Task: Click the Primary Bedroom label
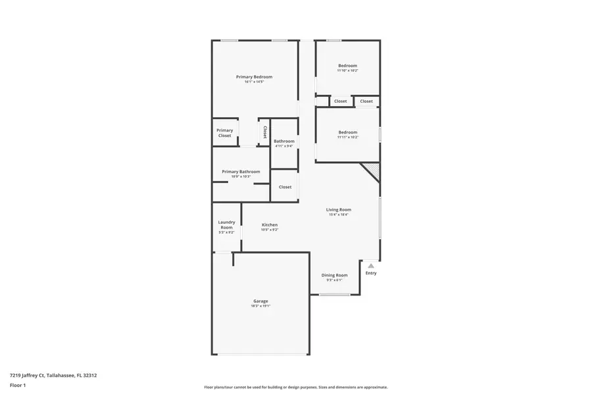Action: pos(254,77)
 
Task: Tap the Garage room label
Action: pos(260,301)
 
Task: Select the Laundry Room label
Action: pos(226,224)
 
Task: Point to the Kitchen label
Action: pos(270,224)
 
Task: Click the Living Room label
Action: pos(339,209)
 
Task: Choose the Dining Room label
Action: pos(334,275)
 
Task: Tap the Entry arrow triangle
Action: pos(371,265)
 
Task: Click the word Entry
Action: pos(371,273)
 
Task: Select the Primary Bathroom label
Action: pos(241,171)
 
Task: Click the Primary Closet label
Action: pos(225,133)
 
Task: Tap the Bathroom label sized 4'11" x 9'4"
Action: pos(284,141)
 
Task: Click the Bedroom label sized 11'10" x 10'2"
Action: pos(348,65)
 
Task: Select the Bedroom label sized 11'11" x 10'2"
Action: pos(348,132)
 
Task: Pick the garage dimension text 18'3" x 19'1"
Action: pos(260,306)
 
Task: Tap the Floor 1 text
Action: pos(18,385)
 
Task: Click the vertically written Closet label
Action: pos(265,132)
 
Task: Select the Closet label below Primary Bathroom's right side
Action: pos(285,187)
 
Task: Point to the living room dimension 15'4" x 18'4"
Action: pos(339,215)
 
